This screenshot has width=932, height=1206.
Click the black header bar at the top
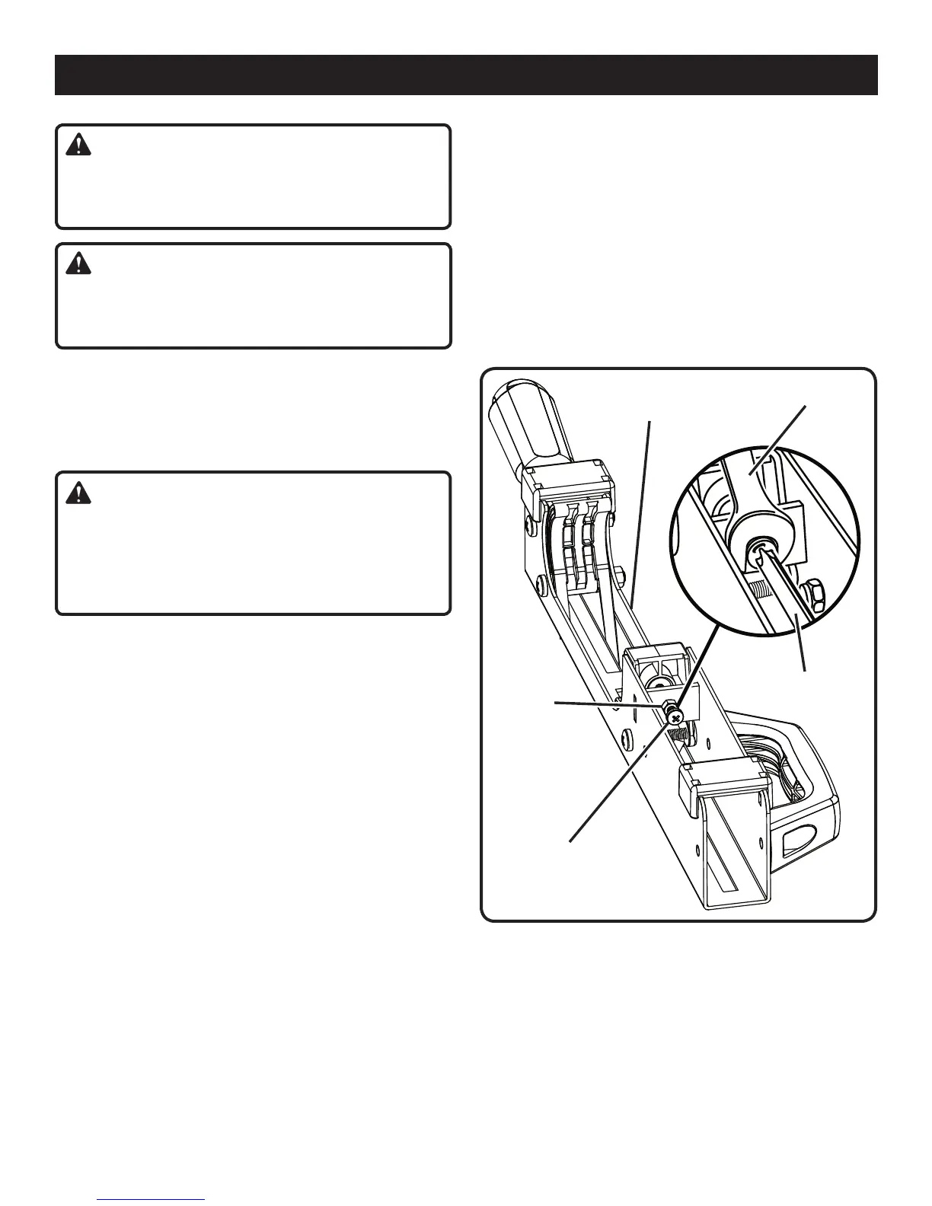[466, 75]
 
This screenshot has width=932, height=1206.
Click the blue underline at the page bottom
[152, 1199]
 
